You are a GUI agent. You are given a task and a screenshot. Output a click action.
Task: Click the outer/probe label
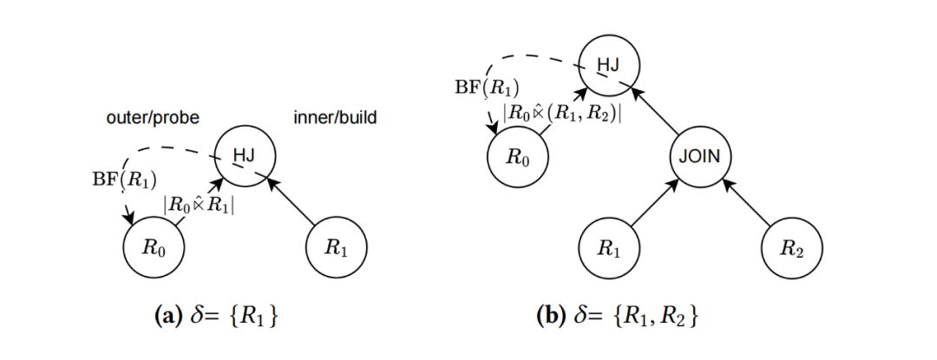coord(153,118)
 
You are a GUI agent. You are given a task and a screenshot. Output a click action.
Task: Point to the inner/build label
coord(335,118)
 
